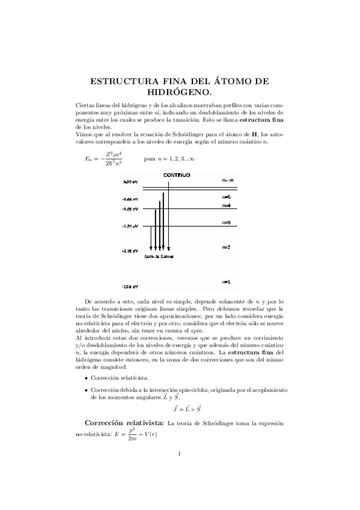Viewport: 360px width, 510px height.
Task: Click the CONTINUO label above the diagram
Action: pos(177,174)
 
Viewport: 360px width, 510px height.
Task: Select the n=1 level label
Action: pos(227,281)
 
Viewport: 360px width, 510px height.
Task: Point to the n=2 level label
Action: pos(227,247)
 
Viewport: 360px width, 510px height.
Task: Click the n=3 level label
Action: pos(227,222)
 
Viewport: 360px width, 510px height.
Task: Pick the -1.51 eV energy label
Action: pos(129,227)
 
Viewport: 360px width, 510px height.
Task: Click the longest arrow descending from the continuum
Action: pos(169,217)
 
